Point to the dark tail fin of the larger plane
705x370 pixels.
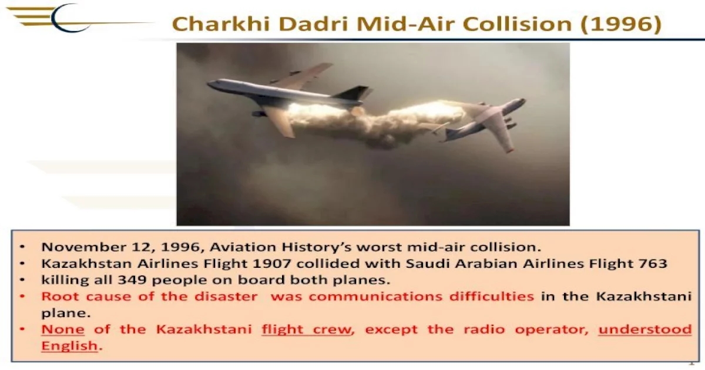[x=354, y=93]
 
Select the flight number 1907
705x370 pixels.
[x=271, y=263]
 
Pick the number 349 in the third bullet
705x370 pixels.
[x=132, y=280]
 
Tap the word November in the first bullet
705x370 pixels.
[x=83, y=247]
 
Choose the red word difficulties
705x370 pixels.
[x=492, y=297]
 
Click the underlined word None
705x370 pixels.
[x=63, y=329]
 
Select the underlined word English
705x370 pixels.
[x=69, y=346]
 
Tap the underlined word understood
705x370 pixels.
[x=645, y=329]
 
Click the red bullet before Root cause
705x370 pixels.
[x=22, y=297]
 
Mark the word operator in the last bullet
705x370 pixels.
[x=552, y=330]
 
